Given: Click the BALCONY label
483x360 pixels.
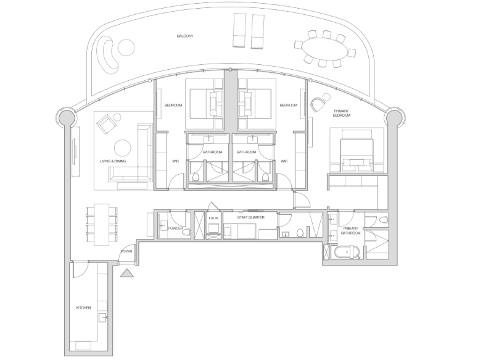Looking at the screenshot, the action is (185, 36).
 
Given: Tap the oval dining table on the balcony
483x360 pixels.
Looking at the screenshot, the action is (324, 49).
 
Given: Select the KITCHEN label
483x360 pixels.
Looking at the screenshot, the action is (83, 308).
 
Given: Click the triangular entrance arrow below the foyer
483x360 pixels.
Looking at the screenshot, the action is (126, 273).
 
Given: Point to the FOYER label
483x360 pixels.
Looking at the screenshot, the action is (126, 251).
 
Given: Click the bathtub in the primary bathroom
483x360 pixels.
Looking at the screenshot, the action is (347, 253).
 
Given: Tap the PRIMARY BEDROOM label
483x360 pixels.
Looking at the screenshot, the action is (342, 113).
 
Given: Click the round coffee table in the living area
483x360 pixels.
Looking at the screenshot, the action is (122, 148).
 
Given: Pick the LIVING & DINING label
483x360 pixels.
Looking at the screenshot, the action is (113, 161).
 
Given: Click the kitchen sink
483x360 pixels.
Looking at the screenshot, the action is (102, 317).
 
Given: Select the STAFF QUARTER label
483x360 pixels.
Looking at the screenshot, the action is (250, 217).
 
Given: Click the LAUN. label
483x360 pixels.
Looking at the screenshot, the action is (213, 218).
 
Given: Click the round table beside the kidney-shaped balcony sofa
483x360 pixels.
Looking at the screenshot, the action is (126, 48).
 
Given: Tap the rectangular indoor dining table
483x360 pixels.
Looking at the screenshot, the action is (102, 224).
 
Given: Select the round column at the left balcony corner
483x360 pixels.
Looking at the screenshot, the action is (66, 117).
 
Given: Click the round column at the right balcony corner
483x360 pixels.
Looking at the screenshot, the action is (394, 117).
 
